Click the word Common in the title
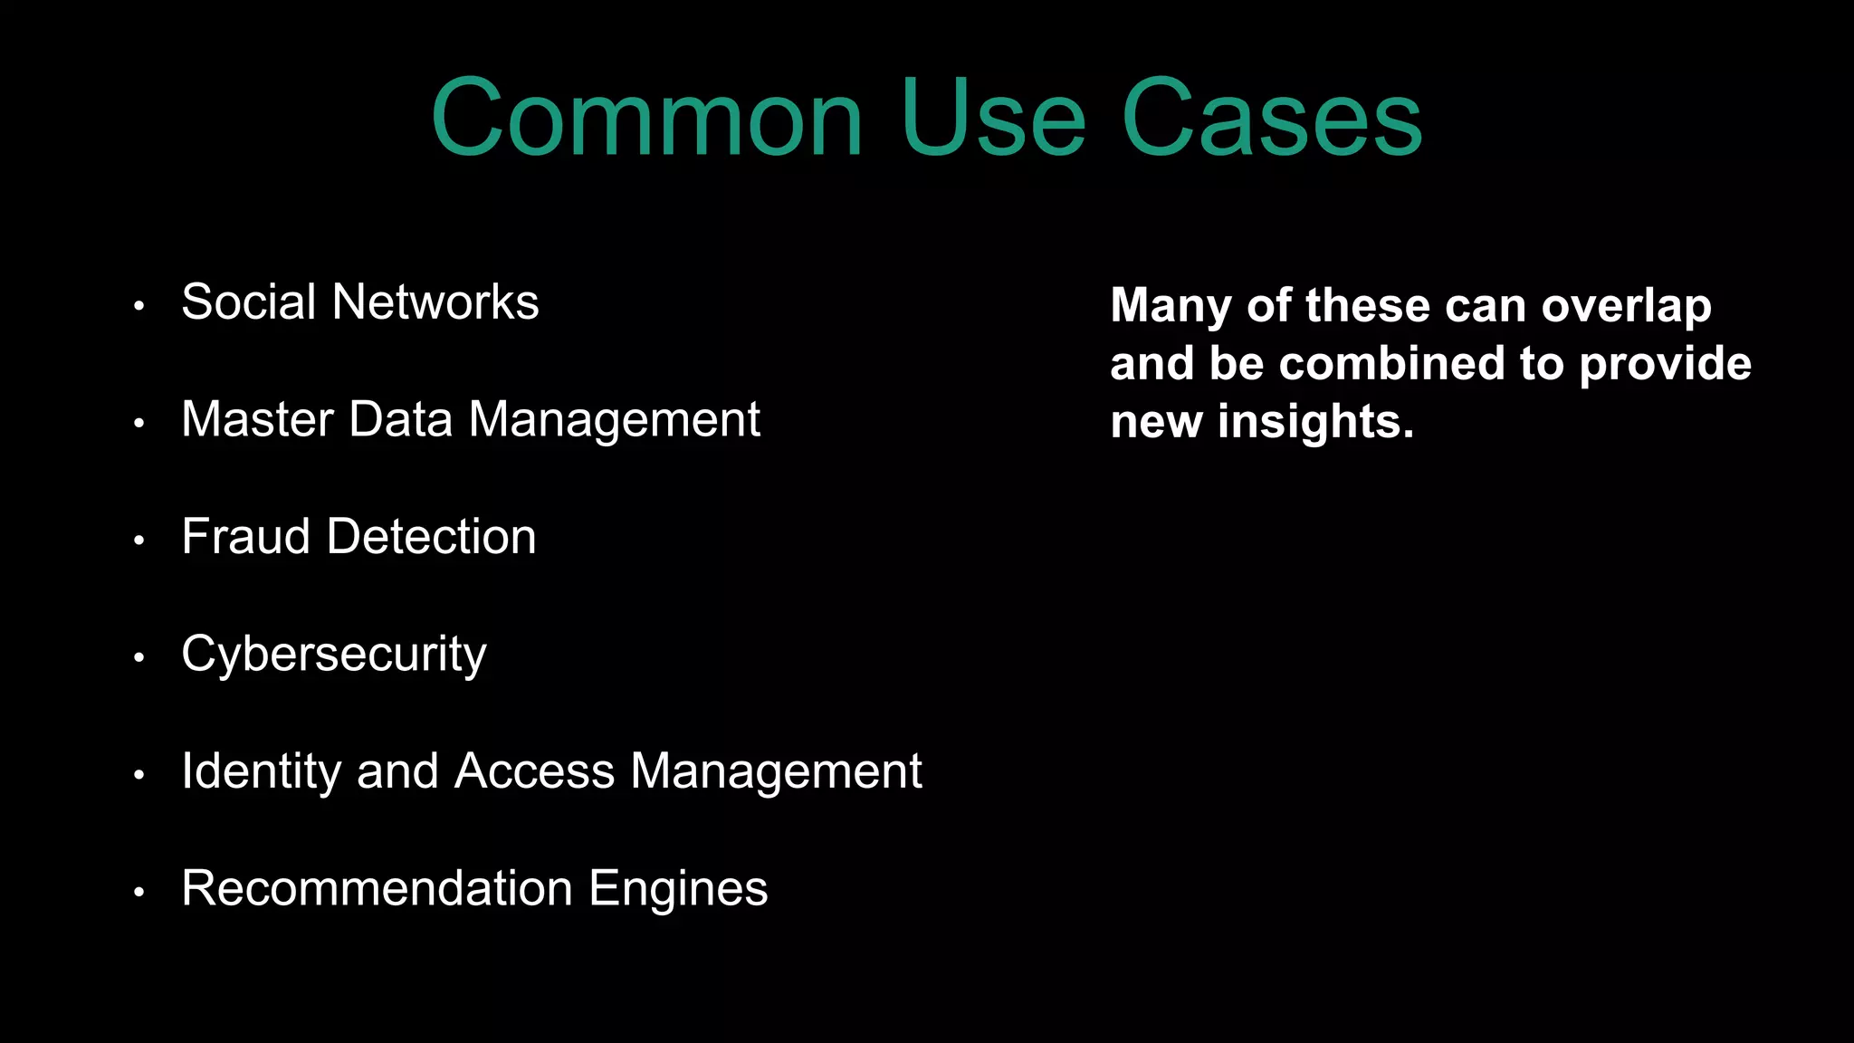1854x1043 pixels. (x=646, y=119)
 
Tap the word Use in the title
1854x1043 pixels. (x=993, y=119)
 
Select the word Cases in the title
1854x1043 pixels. (x=1271, y=119)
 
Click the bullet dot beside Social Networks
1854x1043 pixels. (x=139, y=306)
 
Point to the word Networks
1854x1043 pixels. (x=435, y=302)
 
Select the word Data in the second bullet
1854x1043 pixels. (x=400, y=420)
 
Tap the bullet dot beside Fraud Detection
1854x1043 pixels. (x=139, y=541)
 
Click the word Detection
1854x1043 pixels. (x=431, y=537)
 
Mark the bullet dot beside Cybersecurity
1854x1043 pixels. (x=139, y=657)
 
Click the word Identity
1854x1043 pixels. (x=261, y=772)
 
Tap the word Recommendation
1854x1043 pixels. (x=377, y=888)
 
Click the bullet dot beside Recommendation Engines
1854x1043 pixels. (x=139, y=892)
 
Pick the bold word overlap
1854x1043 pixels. (x=1626, y=306)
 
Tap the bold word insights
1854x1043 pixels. (x=1315, y=423)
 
